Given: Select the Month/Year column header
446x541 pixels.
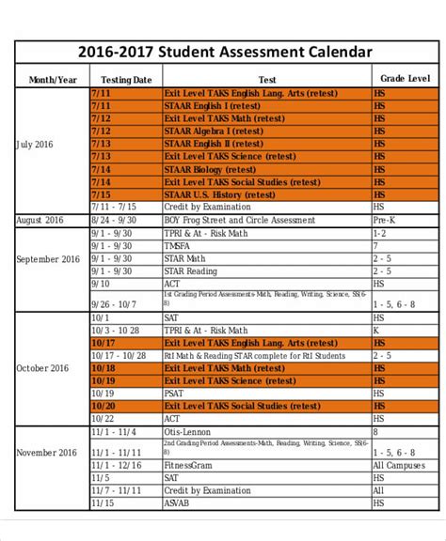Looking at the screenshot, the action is coord(53,80).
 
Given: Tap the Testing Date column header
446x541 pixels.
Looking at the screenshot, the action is coord(125,80).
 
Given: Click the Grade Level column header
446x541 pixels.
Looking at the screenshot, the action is coord(404,79).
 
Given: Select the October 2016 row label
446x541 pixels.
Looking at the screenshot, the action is coord(43,368).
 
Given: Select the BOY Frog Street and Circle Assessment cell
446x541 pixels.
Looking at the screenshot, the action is coord(239,220).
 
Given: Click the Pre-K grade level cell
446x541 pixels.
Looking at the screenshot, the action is coord(383,220).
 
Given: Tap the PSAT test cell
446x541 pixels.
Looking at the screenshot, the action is coord(174,394).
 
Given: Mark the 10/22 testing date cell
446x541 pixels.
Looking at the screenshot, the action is coord(103,418).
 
